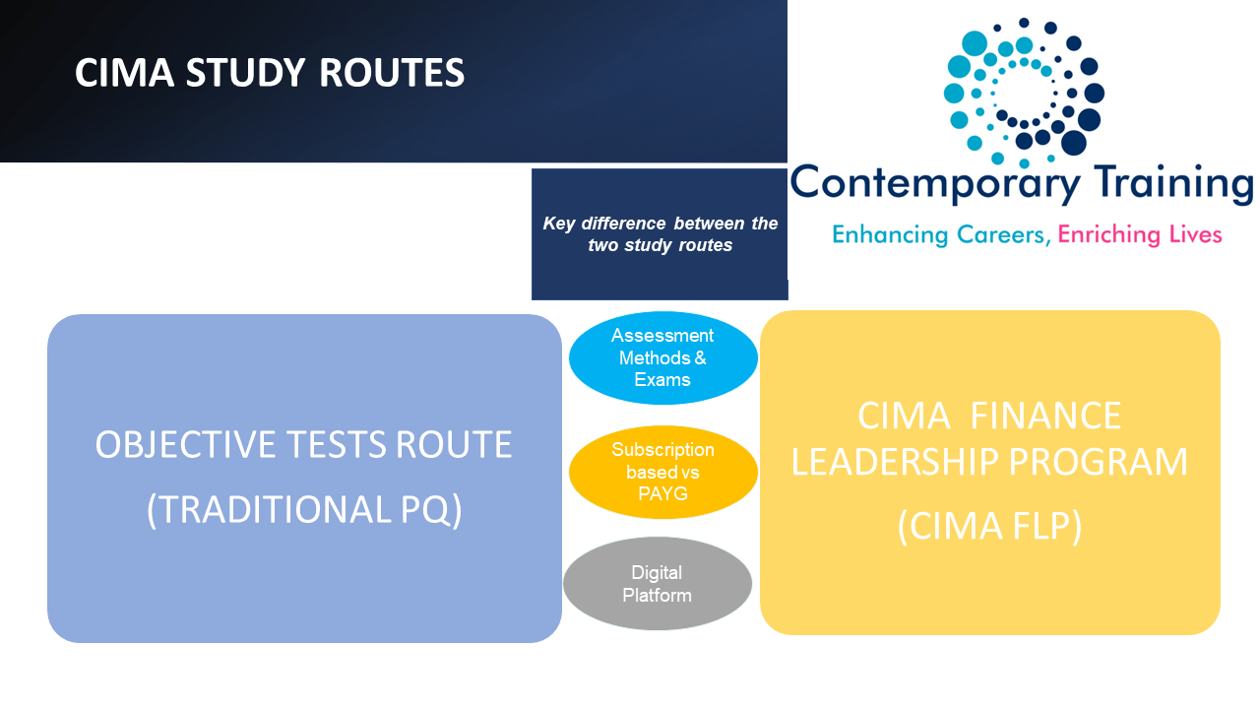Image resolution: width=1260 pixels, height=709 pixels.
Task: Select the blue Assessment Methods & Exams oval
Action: point(662,358)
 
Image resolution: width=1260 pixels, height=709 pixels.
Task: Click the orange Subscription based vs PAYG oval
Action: point(662,472)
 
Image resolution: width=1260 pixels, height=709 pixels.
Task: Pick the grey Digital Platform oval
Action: point(657,584)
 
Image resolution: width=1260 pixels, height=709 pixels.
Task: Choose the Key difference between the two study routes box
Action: point(660,234)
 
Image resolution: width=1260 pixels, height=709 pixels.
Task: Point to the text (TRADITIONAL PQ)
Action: point(304,509)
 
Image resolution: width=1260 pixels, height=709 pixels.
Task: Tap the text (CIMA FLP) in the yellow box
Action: point(989,526)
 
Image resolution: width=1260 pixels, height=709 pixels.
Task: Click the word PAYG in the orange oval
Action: point(662,493)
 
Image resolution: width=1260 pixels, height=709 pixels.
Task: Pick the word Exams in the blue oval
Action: point(662,380)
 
